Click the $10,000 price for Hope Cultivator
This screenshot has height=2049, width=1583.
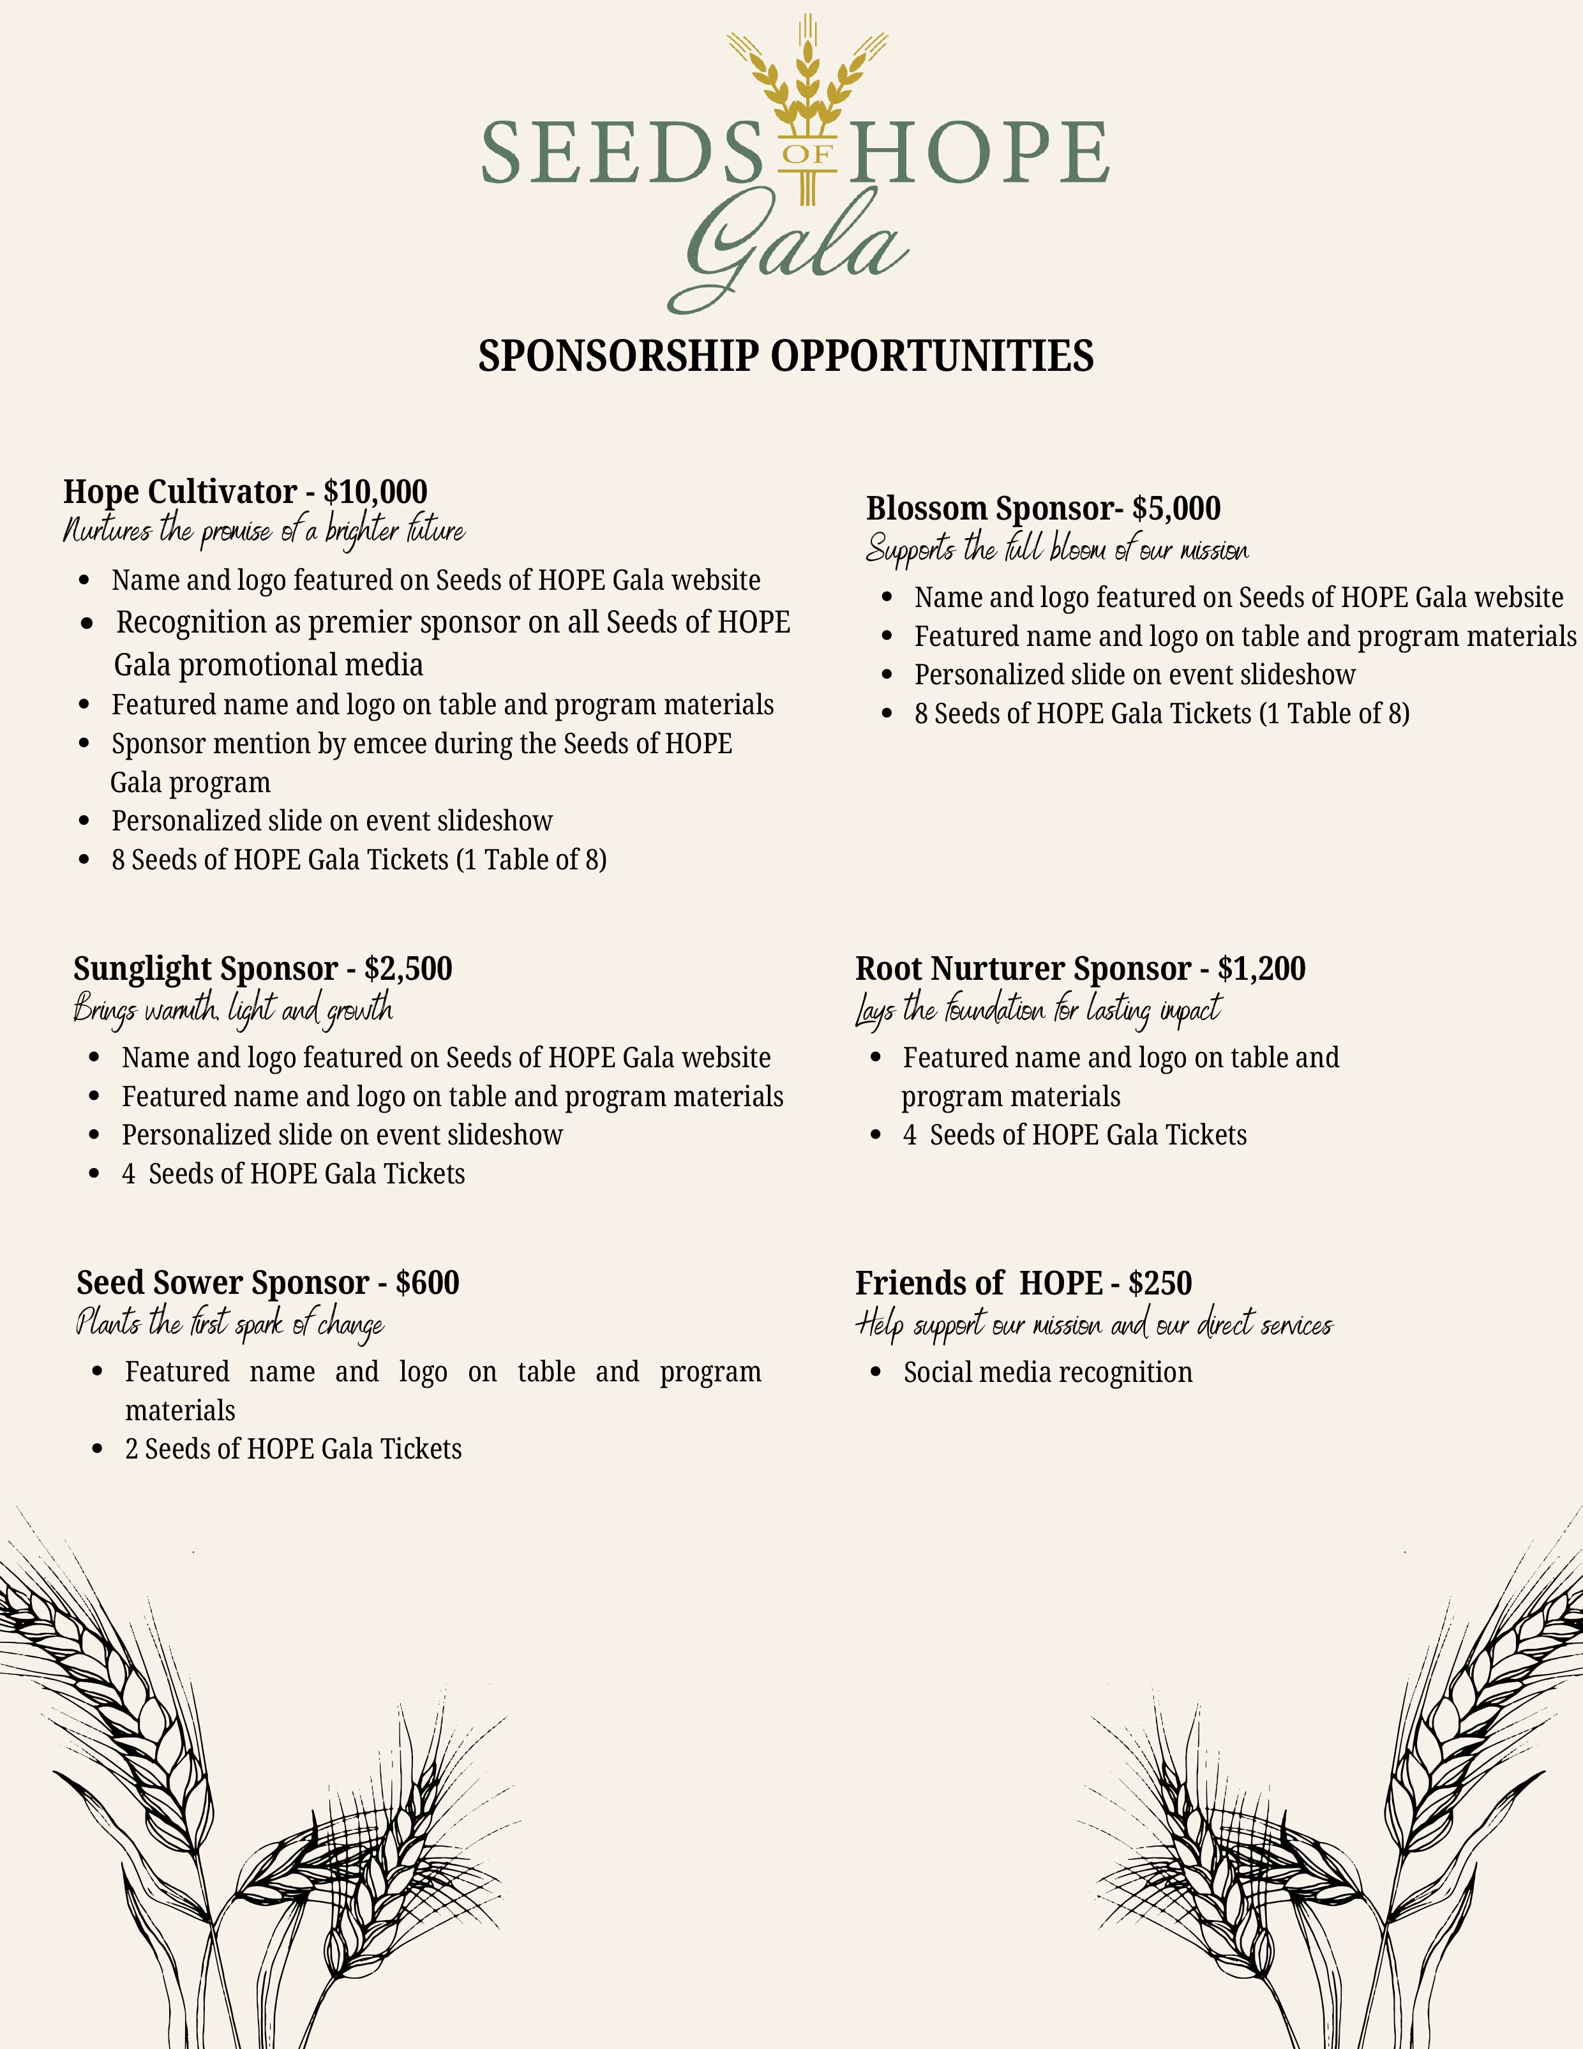pyautogui.click(x=375, y=492)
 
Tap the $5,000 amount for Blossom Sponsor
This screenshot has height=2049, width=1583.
pyautogui.click(x=1176, y=509)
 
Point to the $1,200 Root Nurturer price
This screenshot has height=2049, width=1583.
pyautogui.click(x=1261, y=968)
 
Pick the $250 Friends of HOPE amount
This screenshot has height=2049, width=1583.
pyautogui.click(x=1160, y=1282)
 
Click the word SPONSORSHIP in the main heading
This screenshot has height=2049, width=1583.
pyautogui.click(x=619, y=357)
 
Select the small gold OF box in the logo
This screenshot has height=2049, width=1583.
pyautogui.click(x=807, y=153)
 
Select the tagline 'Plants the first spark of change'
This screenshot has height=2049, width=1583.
pyautogui.click(x=230, y=1324)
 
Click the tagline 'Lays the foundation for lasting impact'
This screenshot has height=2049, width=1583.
pyautogui.click(x=1038, y=1009)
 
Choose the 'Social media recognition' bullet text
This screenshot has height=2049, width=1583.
pyautogui.click(x=1047, y=1372)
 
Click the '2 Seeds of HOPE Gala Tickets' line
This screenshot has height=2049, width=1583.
pyautogui.click(x=293, y=1448)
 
